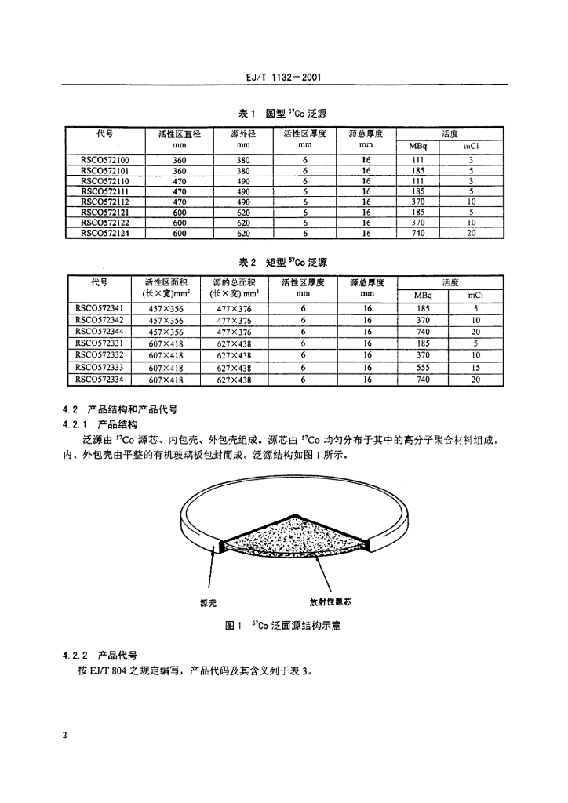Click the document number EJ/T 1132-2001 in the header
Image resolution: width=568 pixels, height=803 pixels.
(283, 78)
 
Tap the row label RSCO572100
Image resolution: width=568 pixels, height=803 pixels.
(99, 159)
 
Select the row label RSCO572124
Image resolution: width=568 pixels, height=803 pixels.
(99, 233)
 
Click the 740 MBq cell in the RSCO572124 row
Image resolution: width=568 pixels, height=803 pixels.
(418, 233)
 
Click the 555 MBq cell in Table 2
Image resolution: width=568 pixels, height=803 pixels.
(423, 367)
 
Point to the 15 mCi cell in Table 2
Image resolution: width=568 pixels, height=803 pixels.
(475, 367)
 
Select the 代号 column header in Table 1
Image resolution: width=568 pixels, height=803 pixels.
(100, 133)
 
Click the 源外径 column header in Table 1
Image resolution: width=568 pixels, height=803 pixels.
(243, 133)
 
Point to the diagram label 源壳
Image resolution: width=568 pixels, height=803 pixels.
(208, 602)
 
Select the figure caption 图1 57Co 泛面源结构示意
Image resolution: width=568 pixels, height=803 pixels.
(282, 626)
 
